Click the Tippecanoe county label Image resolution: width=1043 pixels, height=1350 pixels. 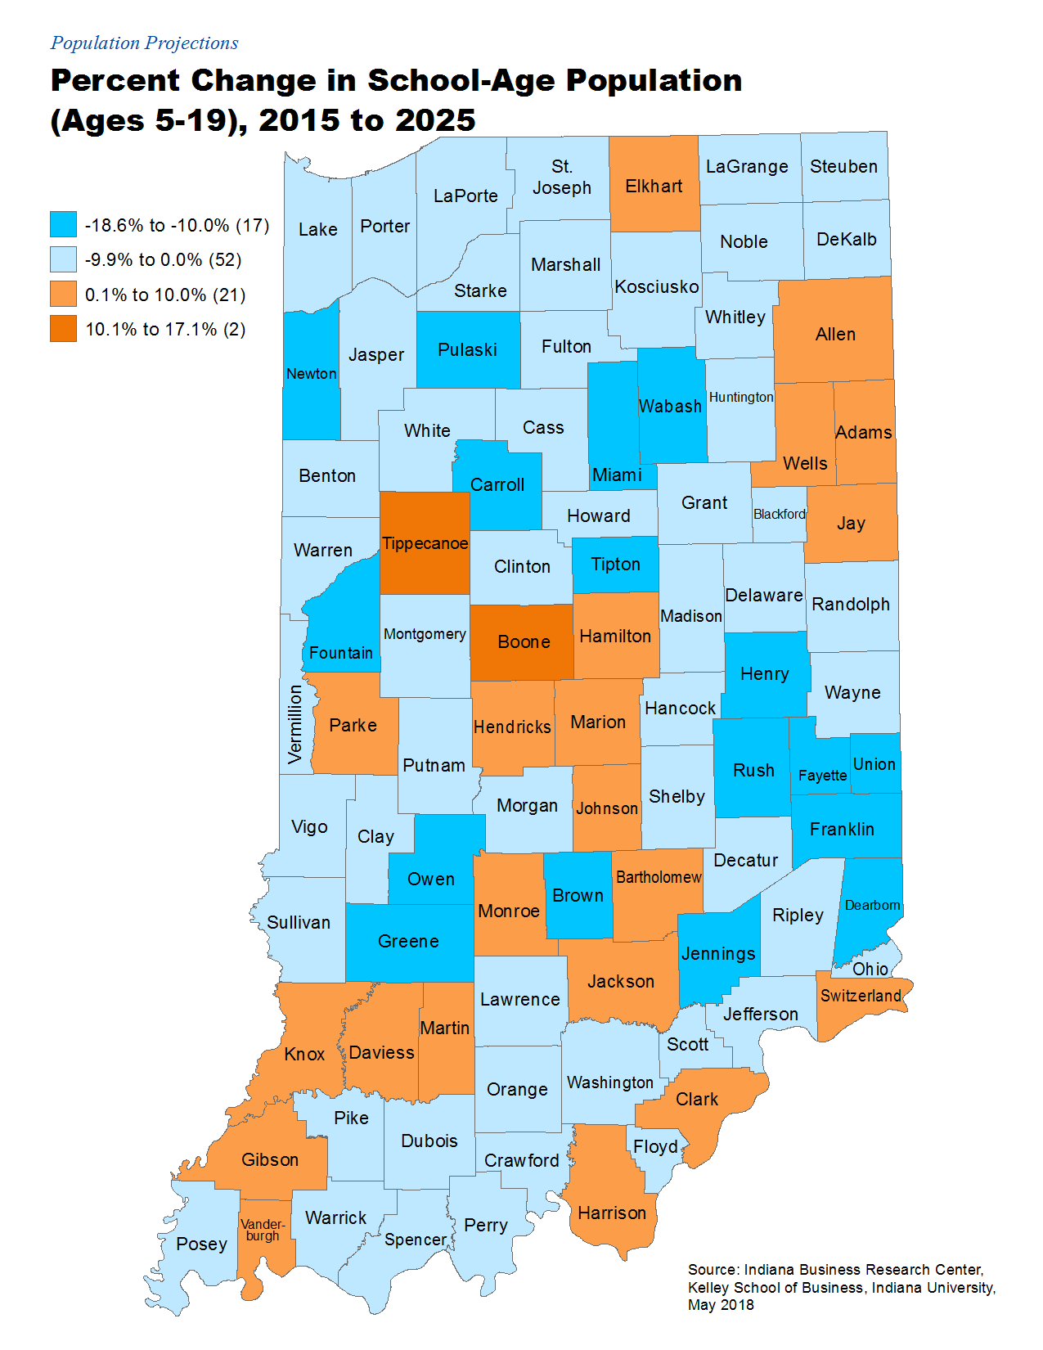point(425,543)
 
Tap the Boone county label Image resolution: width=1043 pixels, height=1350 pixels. point(524,642)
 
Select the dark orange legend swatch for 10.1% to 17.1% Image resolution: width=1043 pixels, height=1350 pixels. point(63,329)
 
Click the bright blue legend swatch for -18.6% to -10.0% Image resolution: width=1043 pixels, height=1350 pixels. point(63,224)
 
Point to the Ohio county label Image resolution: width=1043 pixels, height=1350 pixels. point(870,970)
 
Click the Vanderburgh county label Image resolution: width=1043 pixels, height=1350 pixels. point(263,1231)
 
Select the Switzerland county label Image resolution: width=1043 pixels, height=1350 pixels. point(861,996)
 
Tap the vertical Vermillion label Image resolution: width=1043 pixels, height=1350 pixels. point(295,724)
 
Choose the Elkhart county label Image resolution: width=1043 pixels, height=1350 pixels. point(654,187)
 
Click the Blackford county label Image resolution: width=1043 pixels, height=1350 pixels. point(779,514)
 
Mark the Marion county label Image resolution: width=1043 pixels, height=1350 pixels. point(598,722)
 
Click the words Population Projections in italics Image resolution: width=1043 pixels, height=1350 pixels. point(144,43)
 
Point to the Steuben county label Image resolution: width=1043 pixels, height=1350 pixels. point(843,167)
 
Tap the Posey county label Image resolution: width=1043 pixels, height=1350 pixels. point(201,1244)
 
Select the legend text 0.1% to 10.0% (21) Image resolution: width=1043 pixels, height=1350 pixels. point(165,295)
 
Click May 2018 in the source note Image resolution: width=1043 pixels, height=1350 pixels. point(721,1305)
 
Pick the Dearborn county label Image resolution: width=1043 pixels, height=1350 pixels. point(872,905)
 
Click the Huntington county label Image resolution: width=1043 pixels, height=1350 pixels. point(740,397)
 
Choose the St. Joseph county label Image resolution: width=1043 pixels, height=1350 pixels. point(561,178)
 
